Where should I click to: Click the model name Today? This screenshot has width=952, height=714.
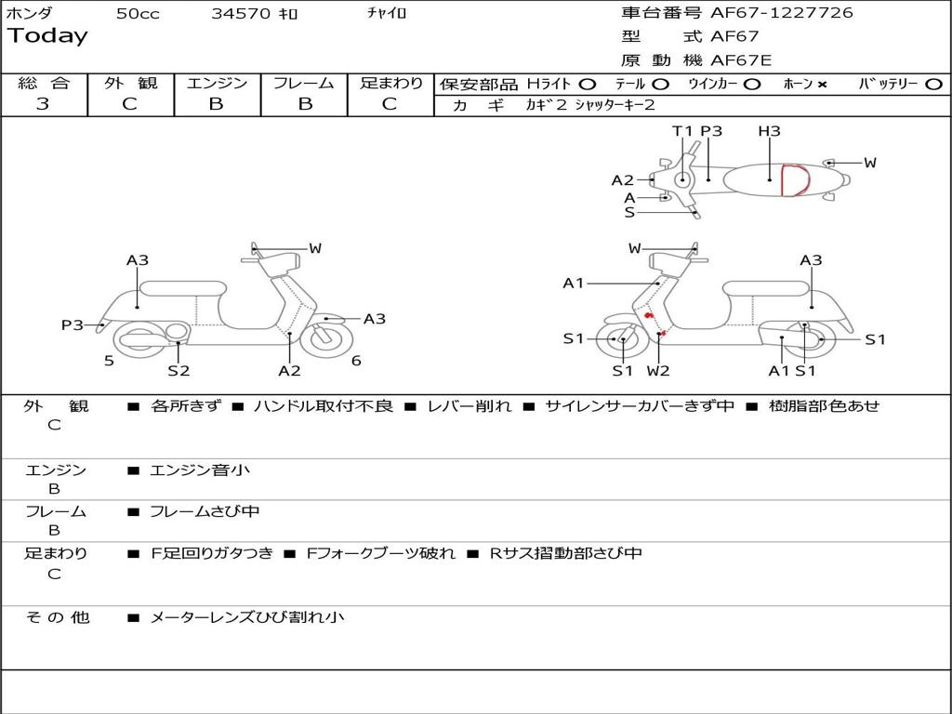(47, 36)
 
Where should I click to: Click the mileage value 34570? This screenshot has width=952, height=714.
(241, 14)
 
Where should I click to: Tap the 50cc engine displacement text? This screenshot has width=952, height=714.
(138, 14)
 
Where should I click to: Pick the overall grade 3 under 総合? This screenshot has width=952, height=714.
(43, 104)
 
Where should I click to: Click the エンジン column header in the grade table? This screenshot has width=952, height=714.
(217, 84)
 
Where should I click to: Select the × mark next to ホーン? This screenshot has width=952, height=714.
(822, 85)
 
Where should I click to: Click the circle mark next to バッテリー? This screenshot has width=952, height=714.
(933, 85)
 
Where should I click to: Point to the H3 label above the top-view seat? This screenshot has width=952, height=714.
(769, 131)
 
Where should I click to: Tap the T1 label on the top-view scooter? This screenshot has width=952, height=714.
(683, 131)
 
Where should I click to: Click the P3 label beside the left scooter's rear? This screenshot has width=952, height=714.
(73, 324)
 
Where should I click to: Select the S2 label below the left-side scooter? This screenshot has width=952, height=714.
(178, 370)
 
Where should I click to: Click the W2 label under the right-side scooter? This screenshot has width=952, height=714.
(658, 370)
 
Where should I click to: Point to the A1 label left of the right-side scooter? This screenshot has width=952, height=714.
(574, 283)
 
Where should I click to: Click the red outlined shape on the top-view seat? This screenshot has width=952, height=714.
(793, 180)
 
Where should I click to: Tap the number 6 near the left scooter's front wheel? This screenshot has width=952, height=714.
(356, 361)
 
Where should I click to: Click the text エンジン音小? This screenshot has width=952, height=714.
(200, 470)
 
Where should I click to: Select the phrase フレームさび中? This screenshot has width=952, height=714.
(205, 511)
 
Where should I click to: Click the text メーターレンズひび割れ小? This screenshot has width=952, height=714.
(246, 616)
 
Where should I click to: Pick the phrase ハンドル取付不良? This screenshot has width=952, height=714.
(323, 405)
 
